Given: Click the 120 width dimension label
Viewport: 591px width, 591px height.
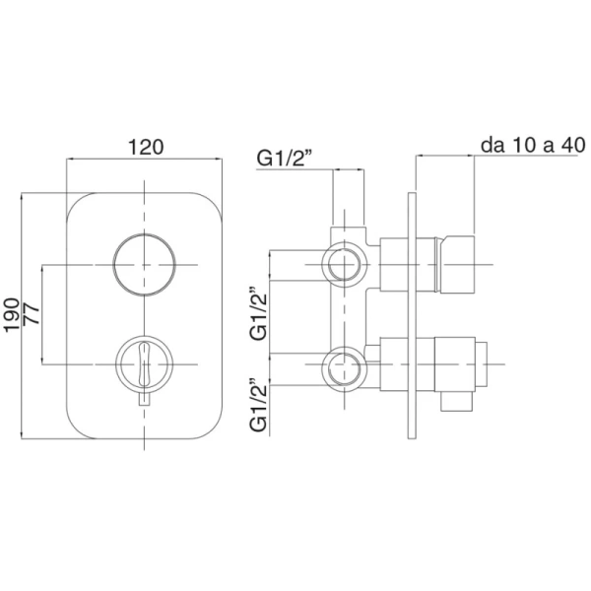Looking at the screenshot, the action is pos(146,147).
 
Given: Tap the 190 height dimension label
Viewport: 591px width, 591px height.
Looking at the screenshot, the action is pos(12,315).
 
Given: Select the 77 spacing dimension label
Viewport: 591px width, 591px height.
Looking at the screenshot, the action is pos(32,314).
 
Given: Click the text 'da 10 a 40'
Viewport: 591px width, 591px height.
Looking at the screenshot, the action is pos(533,145).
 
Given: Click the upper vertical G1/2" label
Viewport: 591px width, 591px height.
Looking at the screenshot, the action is pos(258,313).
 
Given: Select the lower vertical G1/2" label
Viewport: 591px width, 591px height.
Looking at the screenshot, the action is pos(258,403).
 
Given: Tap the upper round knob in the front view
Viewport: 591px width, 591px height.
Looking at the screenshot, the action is pos(145,264).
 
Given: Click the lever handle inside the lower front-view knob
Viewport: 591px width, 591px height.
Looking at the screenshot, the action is pos(145,363).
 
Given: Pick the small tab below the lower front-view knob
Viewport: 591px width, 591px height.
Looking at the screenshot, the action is pos(145,399).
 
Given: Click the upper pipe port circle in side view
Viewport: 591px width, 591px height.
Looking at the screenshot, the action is pos(344,265).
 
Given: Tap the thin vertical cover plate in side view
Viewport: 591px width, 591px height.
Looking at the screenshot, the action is pos(412,316).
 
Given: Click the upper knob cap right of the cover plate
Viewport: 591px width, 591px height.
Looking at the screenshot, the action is pos(457,264).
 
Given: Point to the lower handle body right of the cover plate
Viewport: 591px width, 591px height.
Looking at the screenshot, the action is pos(454,364).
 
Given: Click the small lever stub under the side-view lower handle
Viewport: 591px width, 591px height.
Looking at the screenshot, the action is pos(456,401).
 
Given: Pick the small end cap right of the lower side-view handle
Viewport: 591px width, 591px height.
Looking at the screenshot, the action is pos(481,364).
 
